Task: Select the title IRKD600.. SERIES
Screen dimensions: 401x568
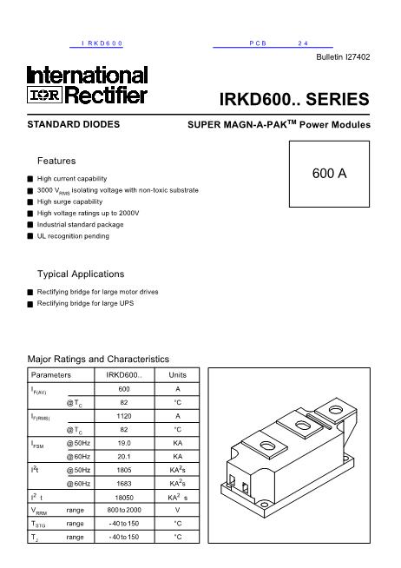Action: [x=296, y=99]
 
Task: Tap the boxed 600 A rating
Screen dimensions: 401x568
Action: [x=329, y=173]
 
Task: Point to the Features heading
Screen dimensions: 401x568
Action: [x=56, y=162]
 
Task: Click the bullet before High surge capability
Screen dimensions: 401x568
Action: [x=30, y=201]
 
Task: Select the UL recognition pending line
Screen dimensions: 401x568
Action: [x=73, y=235]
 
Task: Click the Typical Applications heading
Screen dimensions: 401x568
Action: [x=81, y=274]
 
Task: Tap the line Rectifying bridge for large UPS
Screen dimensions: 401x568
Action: [x=85, y=304]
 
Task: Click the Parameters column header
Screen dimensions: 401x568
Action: [x=51, y=374]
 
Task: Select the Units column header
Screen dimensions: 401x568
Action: [x=177, y=374]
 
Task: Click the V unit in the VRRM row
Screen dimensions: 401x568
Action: [x=177, y=511]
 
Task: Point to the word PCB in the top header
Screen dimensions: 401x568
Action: [x=257, y=43]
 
